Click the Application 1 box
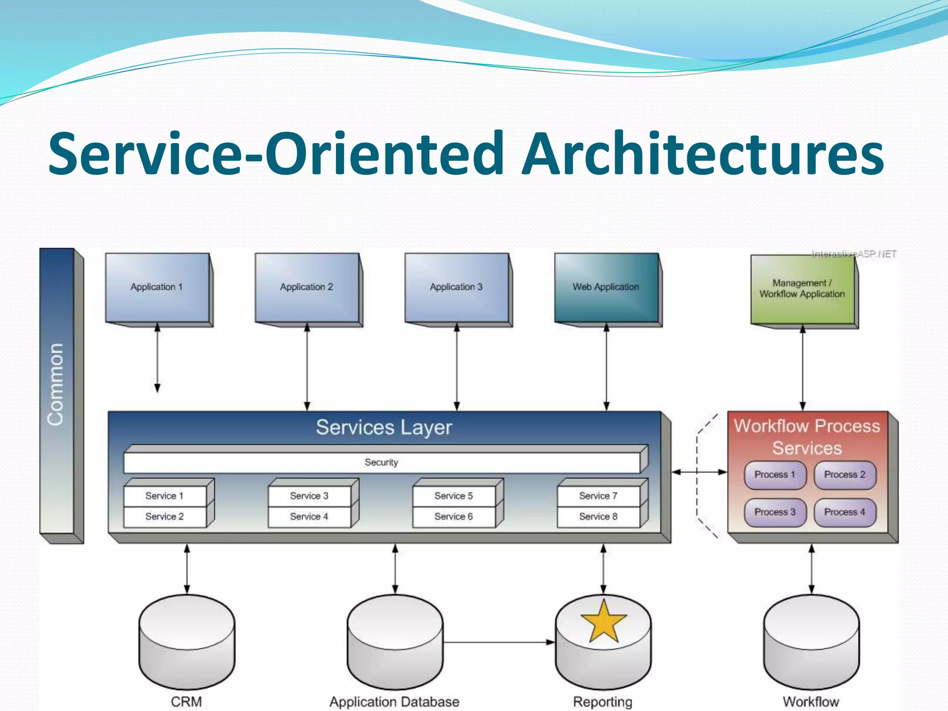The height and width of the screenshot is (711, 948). pyautogui.click(x=157, y=287)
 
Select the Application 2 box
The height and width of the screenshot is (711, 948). pyautogui.click(x=306, y=287)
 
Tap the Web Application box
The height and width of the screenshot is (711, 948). pyautogui.click(x=606, y=287)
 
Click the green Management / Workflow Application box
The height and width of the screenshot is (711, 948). pyautogui.click(x=802, y=289)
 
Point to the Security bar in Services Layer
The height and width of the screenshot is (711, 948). pyautogui.click(x=381, y=462)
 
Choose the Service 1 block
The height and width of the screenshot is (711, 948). pyautogui.click(x=164, y=496)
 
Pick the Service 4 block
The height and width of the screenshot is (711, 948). pyautogui.click(x=309, y=517)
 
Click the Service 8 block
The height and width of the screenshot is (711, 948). pyautogui.click(x=598, y=517)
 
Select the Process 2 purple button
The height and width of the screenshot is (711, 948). pyautogui.click(x=845, y=475)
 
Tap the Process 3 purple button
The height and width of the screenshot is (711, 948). pyautogui.click(x=775, y=512)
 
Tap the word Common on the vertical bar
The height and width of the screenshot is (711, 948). pyautogui.click(x=56, y=384)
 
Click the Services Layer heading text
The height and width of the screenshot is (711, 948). pyautogui.click(x=384, y=427)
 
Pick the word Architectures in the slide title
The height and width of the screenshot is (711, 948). pyautogui.click(x=703, y=153)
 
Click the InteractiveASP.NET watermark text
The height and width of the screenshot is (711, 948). pyautogui.click(x=854, y=254)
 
